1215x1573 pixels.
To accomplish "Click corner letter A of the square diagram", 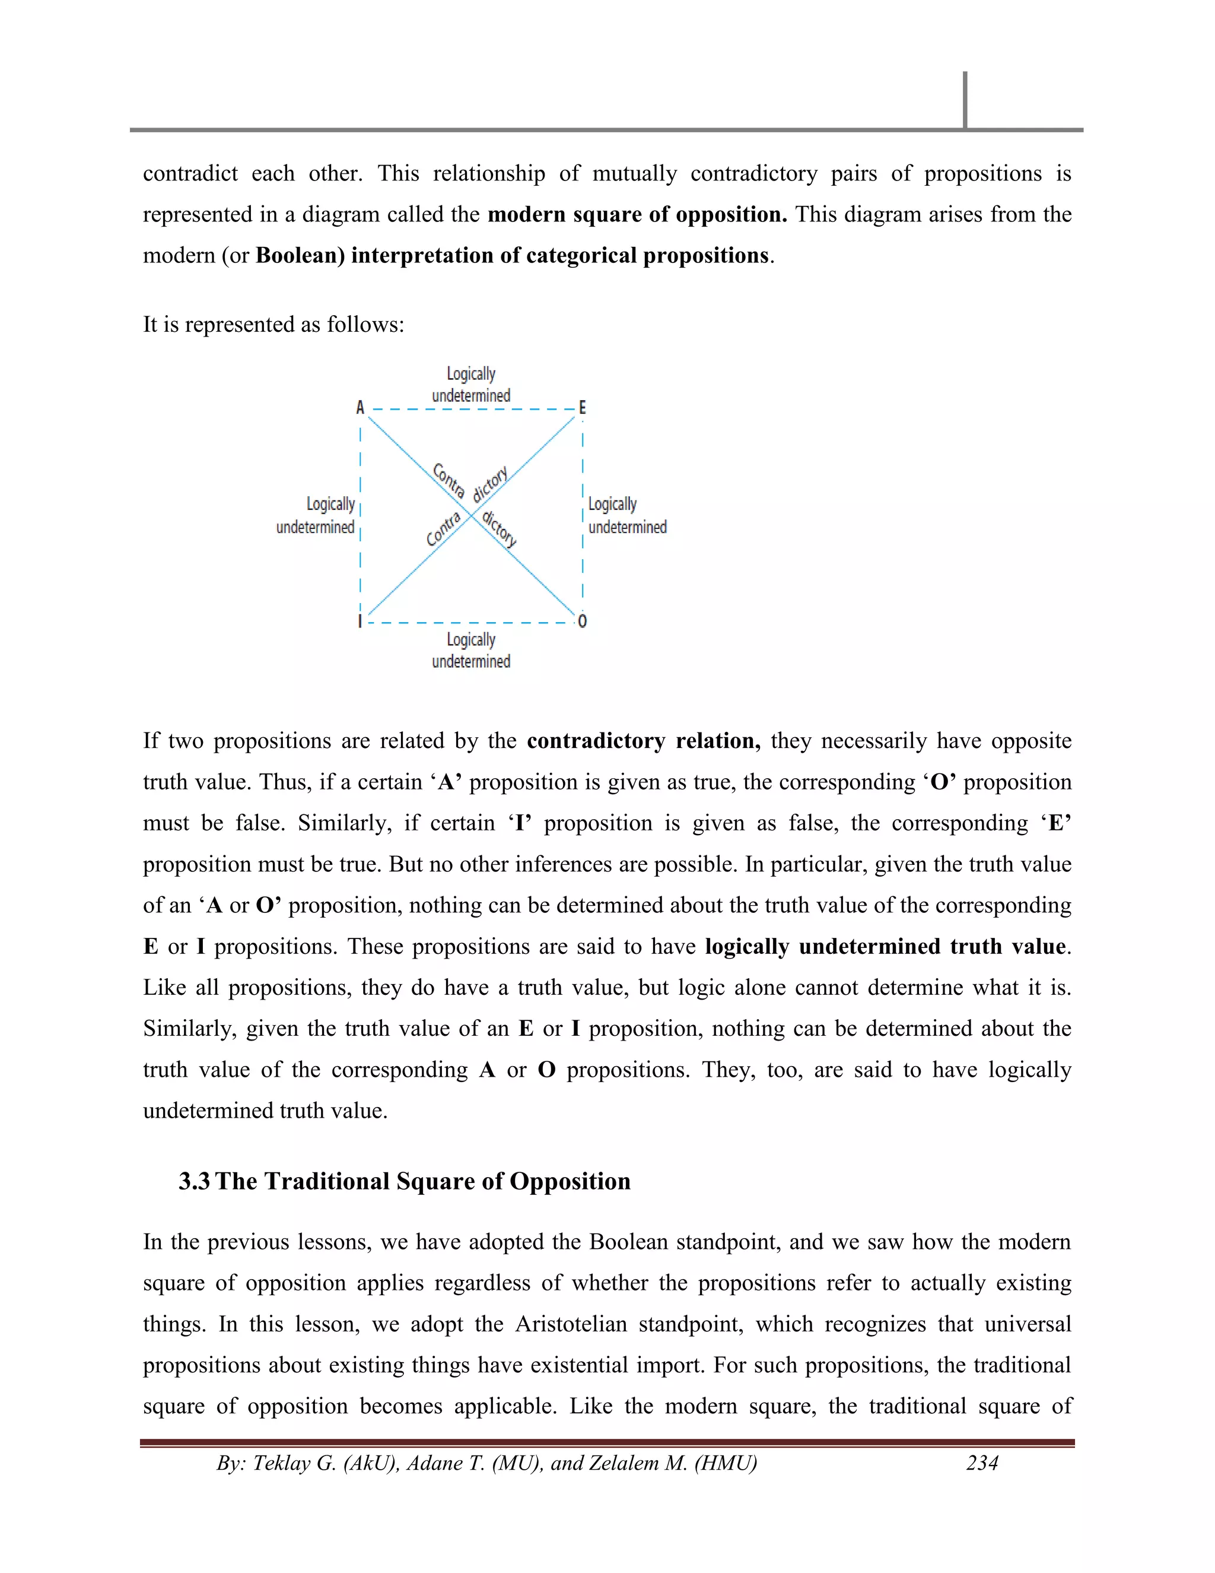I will pyautogui.click(x=360, y=408).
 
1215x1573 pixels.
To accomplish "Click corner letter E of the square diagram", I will pyautogui.click(x=583, y=408).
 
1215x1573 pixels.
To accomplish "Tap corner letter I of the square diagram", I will pyautogui.click(x=360, y=621).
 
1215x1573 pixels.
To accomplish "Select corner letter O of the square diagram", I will pyautogui.click(x=583, y=621).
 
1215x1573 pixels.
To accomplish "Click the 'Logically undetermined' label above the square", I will pyautogui.click(x=470, y=385).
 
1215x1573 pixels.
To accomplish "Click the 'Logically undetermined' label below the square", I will pyautogui.click(x=470, y=651).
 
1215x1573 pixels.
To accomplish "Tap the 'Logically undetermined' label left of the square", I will pyautogui.click(x=316, y=516).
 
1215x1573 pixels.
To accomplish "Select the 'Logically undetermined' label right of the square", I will pyautogui.click(x=627, y=516).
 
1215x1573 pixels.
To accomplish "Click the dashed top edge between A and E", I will pyautogui.click(x=472, y=409).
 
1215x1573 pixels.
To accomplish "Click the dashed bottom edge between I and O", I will pyautogui.click(x=472, y=622).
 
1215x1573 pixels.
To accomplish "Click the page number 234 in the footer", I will pyautogui.click(x=982, y=1463).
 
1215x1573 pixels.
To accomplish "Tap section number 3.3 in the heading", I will pyautogui.click(x=195, y=1182).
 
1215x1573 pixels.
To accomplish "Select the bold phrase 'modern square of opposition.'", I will pyautogui.click(x=637, y=215).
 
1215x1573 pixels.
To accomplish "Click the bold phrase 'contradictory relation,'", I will pyautogui.click(x=643, y=741).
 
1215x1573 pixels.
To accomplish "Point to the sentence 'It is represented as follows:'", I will pyautogui.click(x=273, y=325).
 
